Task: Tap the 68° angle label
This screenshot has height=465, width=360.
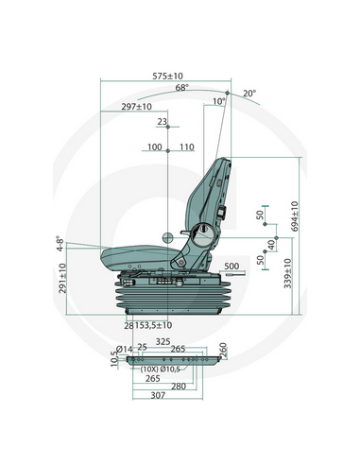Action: point(182,88)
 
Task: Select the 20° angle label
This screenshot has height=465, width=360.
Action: point(249,94)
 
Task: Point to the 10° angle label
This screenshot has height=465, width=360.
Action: point(219,101)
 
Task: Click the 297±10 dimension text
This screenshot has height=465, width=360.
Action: point(138,108)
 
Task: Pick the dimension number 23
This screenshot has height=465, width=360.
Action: point(162,122)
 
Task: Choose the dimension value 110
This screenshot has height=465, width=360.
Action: point(185,147)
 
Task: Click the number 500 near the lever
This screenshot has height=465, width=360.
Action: point(231,267)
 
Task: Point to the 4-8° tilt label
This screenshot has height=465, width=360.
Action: point(61,248)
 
